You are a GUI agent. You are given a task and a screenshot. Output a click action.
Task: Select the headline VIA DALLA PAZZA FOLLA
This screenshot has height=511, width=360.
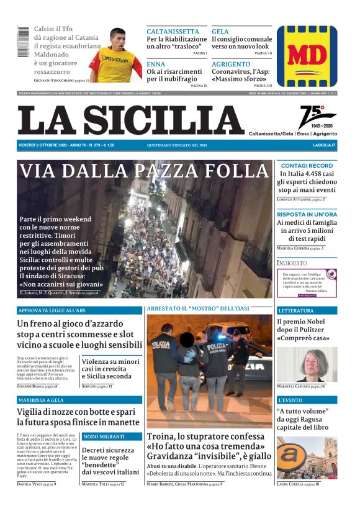144,171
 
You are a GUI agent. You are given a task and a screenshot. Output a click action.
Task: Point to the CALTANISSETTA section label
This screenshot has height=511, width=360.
173,32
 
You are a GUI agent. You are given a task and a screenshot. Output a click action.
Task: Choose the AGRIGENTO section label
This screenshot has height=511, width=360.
231,65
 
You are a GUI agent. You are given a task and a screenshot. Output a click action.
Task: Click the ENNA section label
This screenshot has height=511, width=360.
156,65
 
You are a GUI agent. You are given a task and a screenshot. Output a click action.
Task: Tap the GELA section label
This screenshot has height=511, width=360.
220,32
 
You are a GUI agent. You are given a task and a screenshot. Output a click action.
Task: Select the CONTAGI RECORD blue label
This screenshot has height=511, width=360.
307,166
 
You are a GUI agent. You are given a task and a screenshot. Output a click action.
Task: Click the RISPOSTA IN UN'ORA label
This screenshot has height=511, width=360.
307,214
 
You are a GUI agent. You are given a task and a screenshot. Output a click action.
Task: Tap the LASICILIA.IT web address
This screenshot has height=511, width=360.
324,145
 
